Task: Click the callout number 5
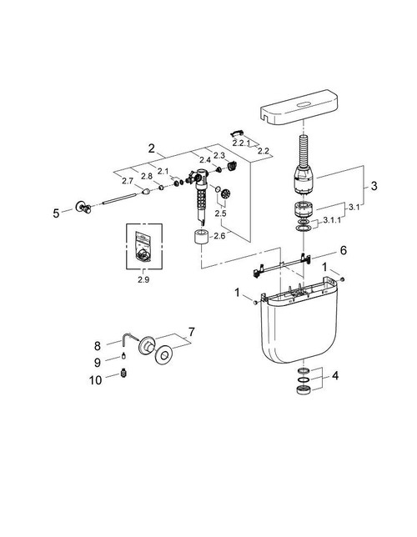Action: (57, 213)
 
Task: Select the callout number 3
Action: (374, 186)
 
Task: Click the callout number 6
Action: (342, 250)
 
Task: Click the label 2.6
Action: (220, 236)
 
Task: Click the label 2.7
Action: (127, 181)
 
